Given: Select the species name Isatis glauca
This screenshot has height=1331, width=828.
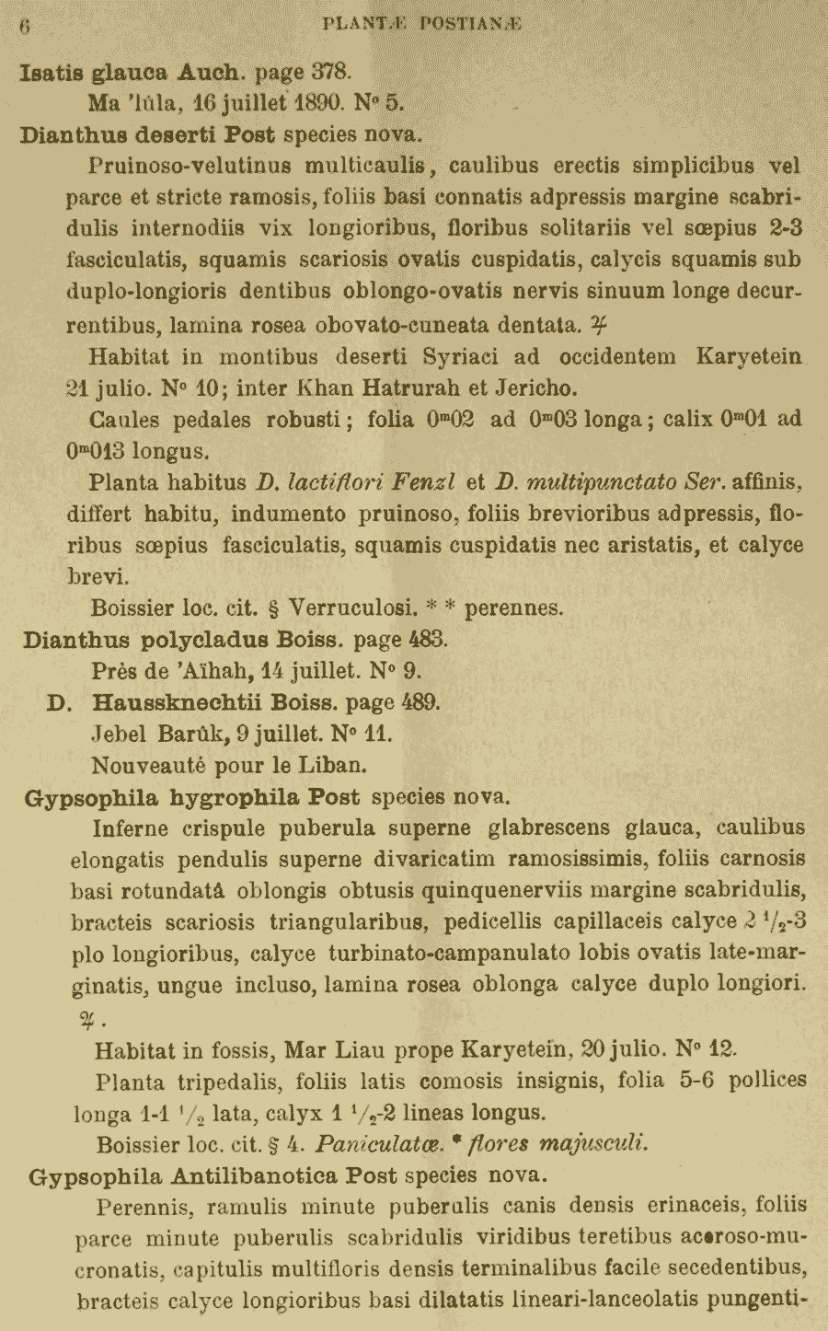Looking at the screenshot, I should tap(93, 72).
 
